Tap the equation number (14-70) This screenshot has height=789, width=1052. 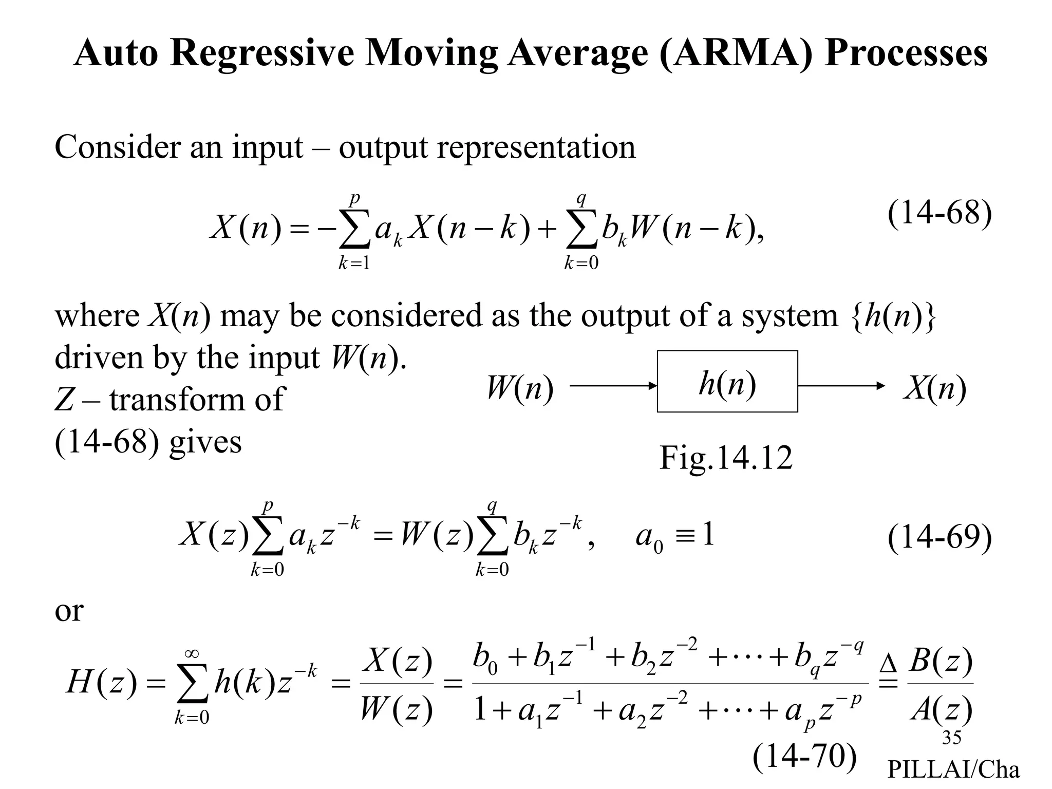click(x=805, y=756)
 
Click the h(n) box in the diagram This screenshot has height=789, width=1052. click(x=727, y=381)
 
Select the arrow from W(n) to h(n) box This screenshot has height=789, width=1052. click(x=613, y=385)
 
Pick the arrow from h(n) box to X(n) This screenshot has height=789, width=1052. click(x=841, y=385)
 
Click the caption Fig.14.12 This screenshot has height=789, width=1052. click(x=726, y=458)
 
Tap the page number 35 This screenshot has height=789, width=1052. click(x=951, y=738)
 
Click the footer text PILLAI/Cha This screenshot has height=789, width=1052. click(x=953, y=769)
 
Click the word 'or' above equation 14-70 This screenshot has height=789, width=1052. click(x=68, y=611)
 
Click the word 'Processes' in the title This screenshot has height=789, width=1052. click(x=906, y=53)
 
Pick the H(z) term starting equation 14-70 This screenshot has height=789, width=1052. click(x=102, y=684)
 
